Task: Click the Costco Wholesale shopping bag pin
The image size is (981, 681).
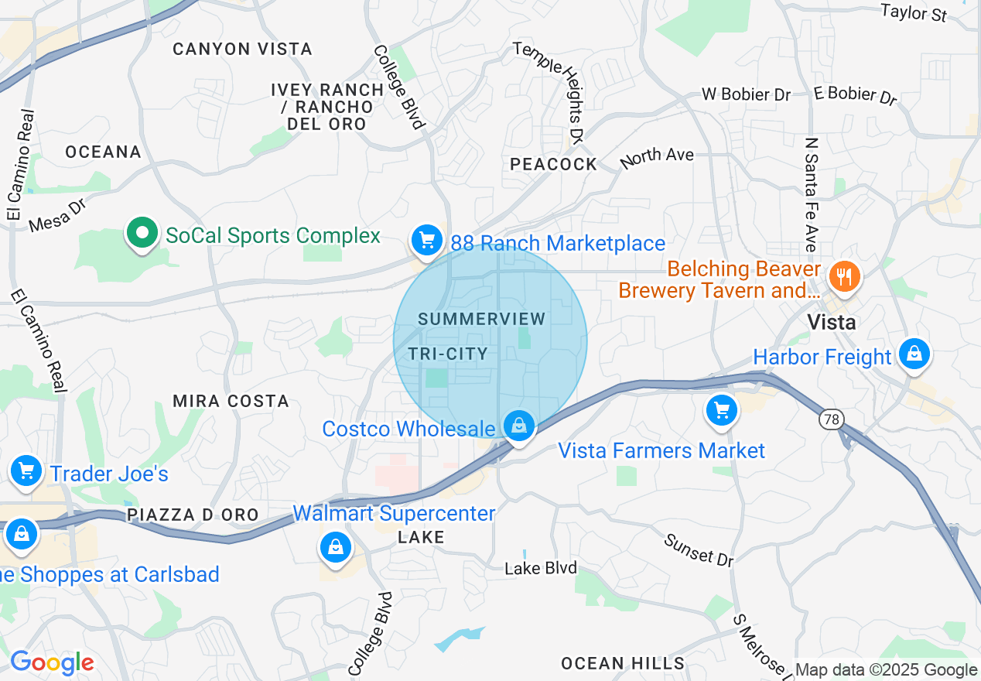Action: (519, 425)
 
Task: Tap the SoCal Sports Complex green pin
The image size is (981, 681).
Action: (142, 234)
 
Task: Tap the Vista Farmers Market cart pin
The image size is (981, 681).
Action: (722, 409)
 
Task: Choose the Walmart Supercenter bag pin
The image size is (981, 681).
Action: (336, 546)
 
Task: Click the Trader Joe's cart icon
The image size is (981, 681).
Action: (26, 470)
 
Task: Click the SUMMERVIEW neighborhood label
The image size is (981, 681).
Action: (482, 319)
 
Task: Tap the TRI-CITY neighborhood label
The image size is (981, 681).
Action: (448, 354)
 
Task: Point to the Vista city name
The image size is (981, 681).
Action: (831, 322)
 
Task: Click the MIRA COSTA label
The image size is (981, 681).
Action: (231, 401)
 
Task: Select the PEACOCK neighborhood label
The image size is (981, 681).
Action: (553, 164)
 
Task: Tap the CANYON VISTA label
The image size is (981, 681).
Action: (242, 49)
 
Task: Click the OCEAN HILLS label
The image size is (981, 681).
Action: (623, 663)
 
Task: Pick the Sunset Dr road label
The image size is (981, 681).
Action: (698, 549)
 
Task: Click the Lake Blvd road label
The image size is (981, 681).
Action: (541, 568)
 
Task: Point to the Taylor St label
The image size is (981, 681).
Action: (914, 12)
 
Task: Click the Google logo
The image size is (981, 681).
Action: (52, 662)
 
